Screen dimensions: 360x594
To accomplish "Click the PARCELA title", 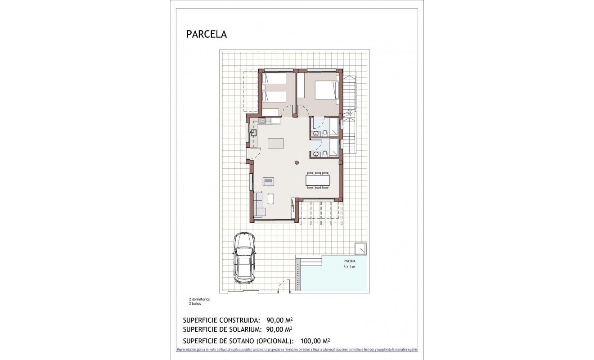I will [207, 34].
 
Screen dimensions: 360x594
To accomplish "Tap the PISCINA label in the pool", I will [349, 261].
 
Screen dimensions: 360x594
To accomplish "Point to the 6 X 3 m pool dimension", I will [349, 267].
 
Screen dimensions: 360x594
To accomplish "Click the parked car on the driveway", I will [244, 258].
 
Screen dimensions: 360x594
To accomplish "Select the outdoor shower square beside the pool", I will [360, 248].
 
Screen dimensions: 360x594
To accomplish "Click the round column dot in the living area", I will [297, 163].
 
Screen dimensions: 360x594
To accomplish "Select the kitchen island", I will [276, 143].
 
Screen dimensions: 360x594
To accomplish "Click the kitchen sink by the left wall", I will [253, 132].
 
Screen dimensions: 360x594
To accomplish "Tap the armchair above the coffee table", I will [268, 181].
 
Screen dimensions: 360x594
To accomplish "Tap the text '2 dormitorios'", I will [199, 299].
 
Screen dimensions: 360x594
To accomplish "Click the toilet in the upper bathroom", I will [324, 133].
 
